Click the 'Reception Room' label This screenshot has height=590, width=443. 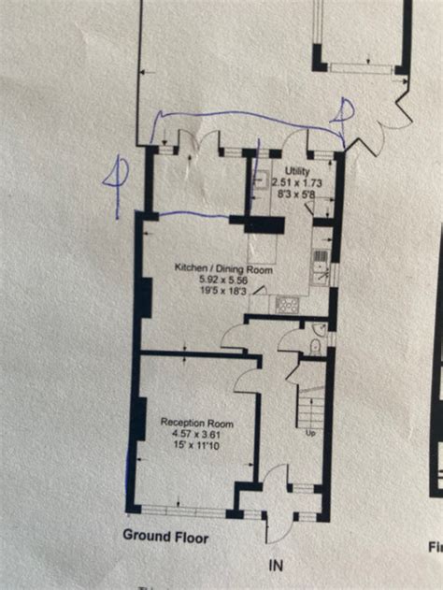196,423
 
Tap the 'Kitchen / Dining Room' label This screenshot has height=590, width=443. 223,267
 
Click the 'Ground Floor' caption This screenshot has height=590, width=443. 166,537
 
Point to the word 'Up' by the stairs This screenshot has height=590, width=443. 310,433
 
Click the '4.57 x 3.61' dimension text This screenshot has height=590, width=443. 196,434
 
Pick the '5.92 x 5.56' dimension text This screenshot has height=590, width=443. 222,279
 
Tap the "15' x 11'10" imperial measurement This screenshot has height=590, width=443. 196,446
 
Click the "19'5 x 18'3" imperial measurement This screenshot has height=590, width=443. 222,291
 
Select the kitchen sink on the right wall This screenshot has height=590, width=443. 320,263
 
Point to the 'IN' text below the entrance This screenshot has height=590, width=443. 275,566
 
